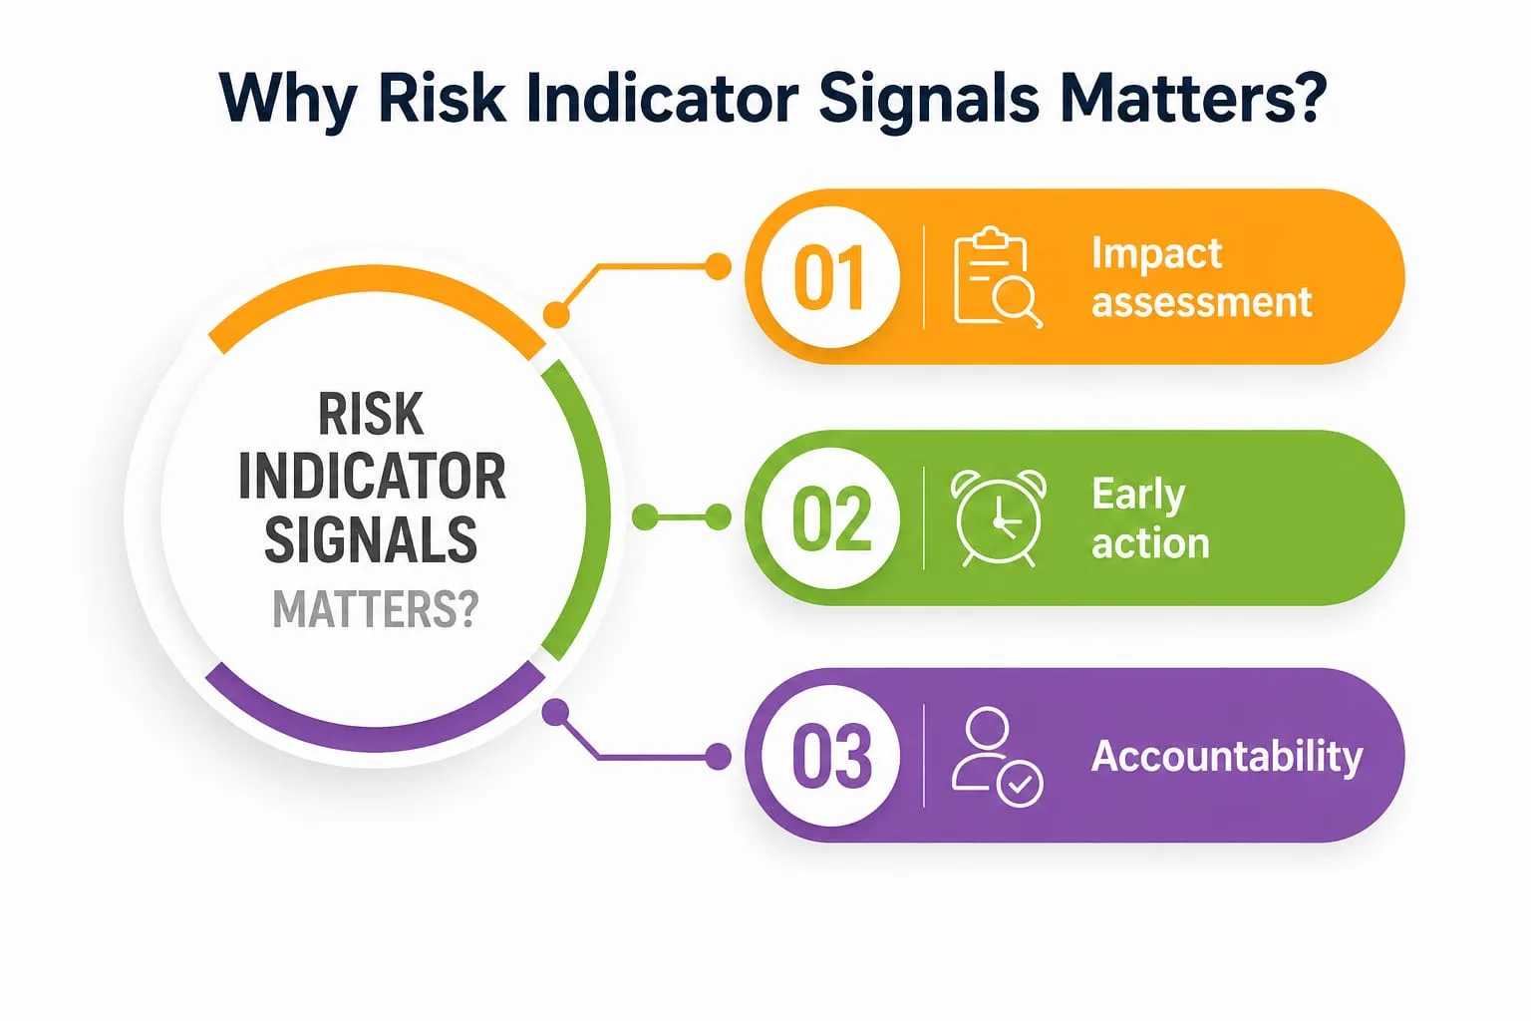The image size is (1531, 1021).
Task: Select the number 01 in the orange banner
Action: [x=829, y=277]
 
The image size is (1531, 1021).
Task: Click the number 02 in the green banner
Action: [x=832, y=518]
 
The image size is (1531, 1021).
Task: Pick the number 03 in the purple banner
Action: [x=832, y=757]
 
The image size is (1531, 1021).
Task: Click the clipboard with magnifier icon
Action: [x=998, y=277]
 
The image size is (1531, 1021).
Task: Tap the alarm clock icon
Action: [x=999, y=518]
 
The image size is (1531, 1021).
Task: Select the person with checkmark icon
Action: [x=997, y=757]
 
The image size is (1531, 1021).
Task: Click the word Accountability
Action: [x=1227, y=758]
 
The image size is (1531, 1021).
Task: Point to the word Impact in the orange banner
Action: [x=1156, y=254]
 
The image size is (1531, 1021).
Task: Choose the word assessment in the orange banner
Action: [x=1201, y=302]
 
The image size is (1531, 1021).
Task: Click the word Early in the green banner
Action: [x=1138, y=496]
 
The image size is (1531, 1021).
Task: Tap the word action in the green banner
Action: [x=1150, y=543]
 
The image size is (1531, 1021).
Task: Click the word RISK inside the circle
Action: [x=371, y=414]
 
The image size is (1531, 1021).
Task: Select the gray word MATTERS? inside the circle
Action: [x=375, y=609]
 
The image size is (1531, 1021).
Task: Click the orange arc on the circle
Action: [x=376, y=279]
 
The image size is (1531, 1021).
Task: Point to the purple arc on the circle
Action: [x=376, y=739]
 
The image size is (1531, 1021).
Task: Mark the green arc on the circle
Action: [x=597, y=510]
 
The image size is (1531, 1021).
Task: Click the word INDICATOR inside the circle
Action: [x=373, y=476]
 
